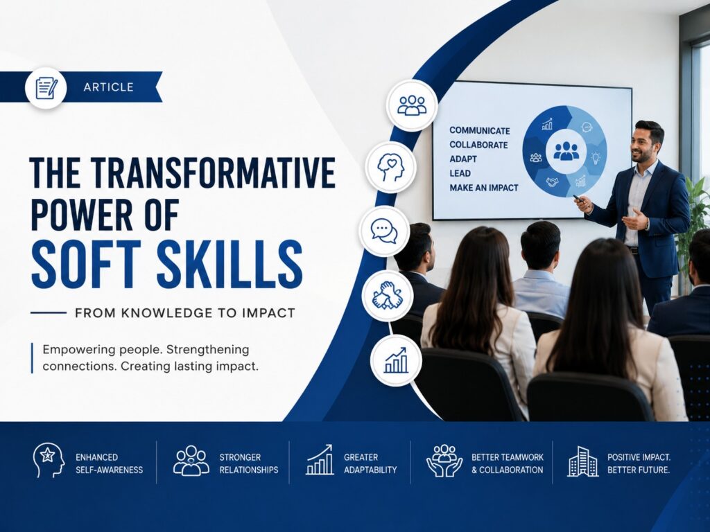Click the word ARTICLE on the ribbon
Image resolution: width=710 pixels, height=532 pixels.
[108, 87]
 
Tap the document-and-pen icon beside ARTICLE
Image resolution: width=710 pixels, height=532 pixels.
[46, 87]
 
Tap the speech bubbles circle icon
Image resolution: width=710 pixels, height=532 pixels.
[384, 231]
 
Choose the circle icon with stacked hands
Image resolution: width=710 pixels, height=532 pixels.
[387, 295]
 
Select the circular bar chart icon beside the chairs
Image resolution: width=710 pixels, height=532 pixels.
[396, 360]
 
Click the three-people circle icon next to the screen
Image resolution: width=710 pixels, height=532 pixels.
[412, 105]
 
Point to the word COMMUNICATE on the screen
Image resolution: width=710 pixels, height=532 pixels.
[480, 131]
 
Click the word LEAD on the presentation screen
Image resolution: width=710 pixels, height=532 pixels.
[460, 173]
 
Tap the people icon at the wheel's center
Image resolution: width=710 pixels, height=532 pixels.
[566, 151]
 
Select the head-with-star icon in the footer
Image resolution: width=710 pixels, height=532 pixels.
[48, 461]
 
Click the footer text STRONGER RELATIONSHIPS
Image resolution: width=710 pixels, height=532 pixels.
[249, 463]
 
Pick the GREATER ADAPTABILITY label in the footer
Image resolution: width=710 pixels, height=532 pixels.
[370, 463]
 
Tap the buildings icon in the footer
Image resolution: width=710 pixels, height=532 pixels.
[582, 461]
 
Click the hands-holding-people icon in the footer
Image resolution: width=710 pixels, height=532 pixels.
[444, 461]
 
